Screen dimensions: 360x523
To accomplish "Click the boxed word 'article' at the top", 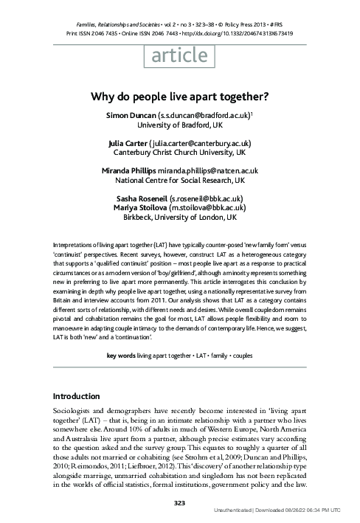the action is point(179,56).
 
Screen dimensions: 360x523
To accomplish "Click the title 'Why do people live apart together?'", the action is point(180,95).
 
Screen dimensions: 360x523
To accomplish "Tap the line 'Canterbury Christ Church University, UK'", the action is point(180,153).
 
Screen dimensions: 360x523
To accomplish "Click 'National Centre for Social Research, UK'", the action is point(180,181).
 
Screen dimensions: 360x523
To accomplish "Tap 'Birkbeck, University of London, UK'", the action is point(180,218).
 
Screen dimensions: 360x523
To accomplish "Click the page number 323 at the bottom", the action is point(180,502).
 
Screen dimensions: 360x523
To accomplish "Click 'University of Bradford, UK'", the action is point(180,125).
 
